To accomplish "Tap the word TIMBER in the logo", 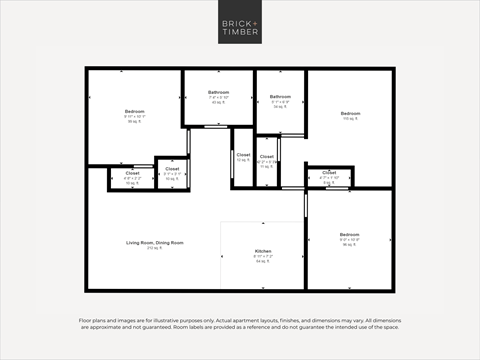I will (239, 31).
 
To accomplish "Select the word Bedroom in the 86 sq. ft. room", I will (135, 111).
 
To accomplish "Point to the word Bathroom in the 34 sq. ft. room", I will (280, 97).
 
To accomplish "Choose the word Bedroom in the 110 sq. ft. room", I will (349, 113).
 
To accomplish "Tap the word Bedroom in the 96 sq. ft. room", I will (349, 234).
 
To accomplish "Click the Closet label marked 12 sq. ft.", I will (243, 155).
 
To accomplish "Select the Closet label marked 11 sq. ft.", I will (266, 157).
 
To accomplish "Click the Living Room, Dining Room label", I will (154, 243).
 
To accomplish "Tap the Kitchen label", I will (263, 250).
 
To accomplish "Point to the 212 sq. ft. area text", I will (154, 248).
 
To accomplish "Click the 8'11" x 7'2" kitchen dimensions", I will (263, 255).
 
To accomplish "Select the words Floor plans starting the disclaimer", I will (91, 320).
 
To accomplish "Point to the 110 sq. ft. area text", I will (349, 118).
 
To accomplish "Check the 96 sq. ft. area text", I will (349, 244).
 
